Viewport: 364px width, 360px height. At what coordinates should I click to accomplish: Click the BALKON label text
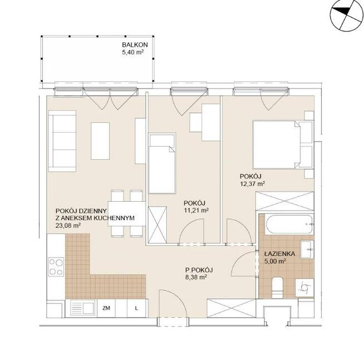(x=135, y=45)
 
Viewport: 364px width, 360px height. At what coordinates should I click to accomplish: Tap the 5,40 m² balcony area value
(x=132, y=52)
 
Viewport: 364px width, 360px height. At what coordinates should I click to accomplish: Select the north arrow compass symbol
(x=347, y=16)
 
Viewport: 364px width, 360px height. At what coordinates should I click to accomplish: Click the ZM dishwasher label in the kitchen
(x=106, y=308)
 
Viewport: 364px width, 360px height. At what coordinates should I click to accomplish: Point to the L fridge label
(x=136, y=308)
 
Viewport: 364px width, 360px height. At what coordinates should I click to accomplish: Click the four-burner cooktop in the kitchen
(x=56, y=267)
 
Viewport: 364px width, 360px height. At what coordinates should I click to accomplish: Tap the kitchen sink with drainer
(x=83, y=308)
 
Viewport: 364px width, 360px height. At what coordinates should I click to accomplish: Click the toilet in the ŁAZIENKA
(x=277, y=287)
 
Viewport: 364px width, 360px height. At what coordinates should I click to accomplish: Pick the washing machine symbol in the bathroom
(x=304, y=288)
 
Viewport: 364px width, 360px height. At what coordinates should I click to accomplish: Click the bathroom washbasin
(x=307, y=250)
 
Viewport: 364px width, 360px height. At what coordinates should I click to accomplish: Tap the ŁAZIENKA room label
(x=280, y=254)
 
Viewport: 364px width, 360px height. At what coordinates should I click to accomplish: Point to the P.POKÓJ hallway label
(x=199, y=270)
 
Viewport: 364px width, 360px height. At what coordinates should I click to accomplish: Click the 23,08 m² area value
(x=68, y=225)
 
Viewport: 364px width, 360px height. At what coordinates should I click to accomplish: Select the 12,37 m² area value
(x=253, y=184)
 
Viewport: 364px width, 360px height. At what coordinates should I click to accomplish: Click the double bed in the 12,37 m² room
(x=283, y=144)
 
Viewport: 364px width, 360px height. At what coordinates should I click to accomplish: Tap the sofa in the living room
(x=62, y=141)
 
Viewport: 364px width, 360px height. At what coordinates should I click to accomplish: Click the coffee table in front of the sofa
(x=100, y=141)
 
